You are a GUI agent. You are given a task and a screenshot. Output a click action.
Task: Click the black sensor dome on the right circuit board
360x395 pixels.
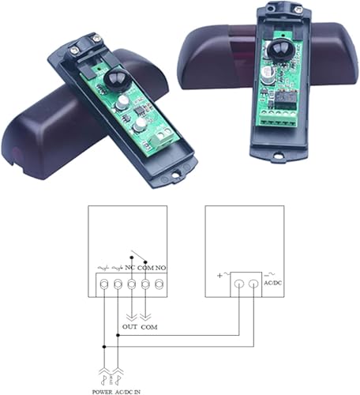tap(279, 47)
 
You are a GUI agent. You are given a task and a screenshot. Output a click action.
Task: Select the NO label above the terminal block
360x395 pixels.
tap(160, 267)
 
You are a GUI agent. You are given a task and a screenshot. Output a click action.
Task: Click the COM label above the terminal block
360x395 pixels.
tap(145, 267)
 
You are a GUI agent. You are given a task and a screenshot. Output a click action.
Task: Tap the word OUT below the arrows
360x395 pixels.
tap(130, 326)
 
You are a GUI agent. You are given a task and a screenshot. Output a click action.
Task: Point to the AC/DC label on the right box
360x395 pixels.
tap(273, 282)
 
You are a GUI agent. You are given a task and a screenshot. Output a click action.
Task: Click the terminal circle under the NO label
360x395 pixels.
tap(160, 282)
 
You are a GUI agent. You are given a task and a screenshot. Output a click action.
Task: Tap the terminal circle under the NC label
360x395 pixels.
tap(132, 282)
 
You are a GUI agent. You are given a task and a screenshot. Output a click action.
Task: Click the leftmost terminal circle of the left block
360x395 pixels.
tap(103, 282)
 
